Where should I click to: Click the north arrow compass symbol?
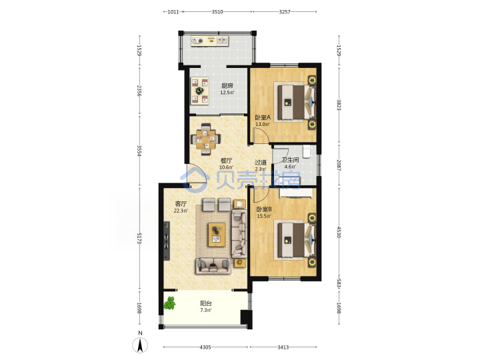(140, 345)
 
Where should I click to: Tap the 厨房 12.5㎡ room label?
(227, 89)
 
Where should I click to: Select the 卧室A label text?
(263, 117)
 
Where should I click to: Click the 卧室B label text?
(264, 209)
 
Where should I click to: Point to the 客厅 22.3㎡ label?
(181, 207)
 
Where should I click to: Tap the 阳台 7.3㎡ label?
(206, 307)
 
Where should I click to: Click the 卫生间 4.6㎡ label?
(290, 163)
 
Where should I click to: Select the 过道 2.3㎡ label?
(261, 165)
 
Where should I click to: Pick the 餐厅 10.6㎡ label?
(226, 164)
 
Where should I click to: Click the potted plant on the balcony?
(169, 303)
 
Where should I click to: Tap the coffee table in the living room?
(217, 235)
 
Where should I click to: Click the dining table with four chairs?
(206, 139)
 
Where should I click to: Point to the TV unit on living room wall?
(166, 241)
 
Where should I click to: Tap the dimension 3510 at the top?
(217, 12)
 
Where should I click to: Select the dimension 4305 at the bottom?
(205, 347)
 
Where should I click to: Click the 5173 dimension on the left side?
(139, 238)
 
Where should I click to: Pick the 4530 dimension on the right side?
(339, 232)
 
